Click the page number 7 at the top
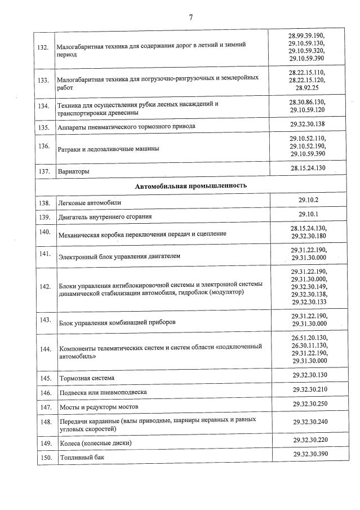point(190,17)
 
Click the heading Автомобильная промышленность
point(190,185)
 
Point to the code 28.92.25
point(308,88)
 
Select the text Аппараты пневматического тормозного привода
point(126,126)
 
